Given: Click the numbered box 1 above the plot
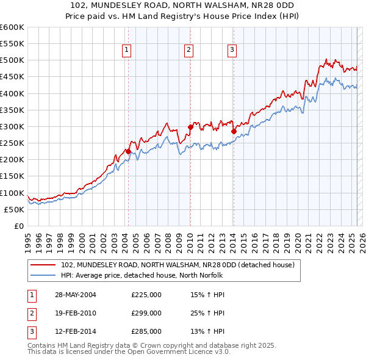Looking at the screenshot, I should pyautogui.click(x=127, y=50).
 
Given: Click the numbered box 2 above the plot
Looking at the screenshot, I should pyautogui.click(x=189, y=50).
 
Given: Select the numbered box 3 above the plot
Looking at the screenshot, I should pyautogui.click(x=232, y=50).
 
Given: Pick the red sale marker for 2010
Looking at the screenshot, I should pyautogui.click(x=190, y=128).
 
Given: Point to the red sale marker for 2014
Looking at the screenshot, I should pyautogui.click(x=234, y=131).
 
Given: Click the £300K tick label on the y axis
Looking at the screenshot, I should pyautogui.click(x=12, y=126).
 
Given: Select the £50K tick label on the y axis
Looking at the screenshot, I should pyautogui.click(x=15, y=209).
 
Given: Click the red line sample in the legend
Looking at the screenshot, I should pyautogui.click(x=43, y=265).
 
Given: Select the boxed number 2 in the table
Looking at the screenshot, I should pyautogui.click(x=30, y=314).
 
